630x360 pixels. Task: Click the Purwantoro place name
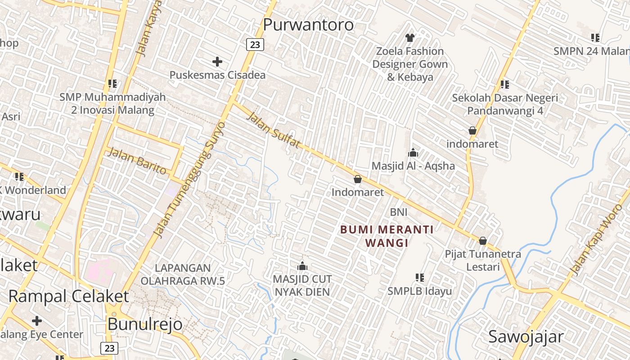308,25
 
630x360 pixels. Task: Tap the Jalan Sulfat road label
273,130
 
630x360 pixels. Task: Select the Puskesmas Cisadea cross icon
217,61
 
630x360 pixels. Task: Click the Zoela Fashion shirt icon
409,37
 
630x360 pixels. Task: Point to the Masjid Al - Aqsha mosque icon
413,153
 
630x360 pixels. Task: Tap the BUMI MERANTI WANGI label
387,236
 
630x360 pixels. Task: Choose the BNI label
399,212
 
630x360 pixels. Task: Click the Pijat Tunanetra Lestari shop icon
483,241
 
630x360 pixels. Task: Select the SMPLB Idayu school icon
420,278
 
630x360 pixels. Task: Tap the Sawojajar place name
526,337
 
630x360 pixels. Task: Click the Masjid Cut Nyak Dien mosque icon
302,266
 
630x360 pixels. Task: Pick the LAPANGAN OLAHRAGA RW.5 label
182,274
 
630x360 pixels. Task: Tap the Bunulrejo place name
145,324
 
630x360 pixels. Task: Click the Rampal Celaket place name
68,297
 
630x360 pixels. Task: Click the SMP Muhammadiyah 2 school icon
112,83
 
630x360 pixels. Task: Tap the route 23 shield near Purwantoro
255,44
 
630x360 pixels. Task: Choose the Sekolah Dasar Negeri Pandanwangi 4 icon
505,84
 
